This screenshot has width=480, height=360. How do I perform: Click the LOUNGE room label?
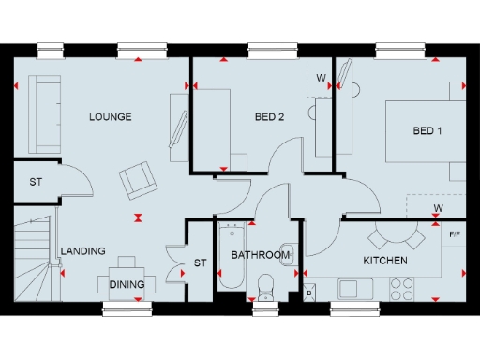(x=110, y=117)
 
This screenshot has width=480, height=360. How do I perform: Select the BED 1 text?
(x=427, y=130)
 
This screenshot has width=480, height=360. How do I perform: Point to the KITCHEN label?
(x=384, y=260)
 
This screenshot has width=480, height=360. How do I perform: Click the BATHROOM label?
(x=260, y=255)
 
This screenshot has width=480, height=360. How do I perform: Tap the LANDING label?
(x=82, y=251)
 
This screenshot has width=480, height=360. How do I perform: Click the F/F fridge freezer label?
(x=455, y=233)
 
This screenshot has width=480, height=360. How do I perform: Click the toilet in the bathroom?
(x=263, y=284)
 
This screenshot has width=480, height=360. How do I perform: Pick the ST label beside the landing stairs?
(x=36, y=182)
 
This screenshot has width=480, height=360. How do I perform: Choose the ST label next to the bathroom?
(x=200, y=263)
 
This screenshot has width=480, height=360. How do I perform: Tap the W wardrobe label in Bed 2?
(x=320, y=77)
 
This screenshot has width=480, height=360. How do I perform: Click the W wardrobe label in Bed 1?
(x=438, y=207)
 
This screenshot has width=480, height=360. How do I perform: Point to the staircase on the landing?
(x=34, y=252)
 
